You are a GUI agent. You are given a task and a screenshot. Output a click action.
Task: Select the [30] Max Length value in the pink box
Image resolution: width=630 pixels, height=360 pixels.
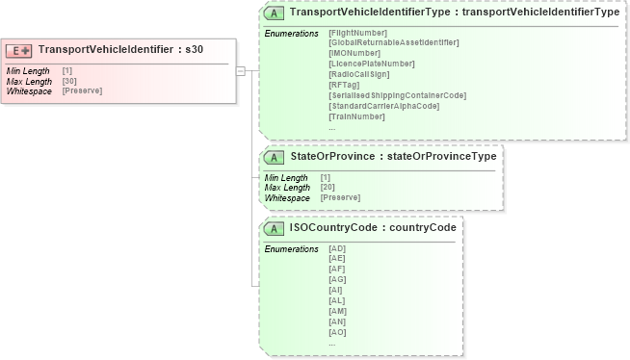click(x=69, y=81)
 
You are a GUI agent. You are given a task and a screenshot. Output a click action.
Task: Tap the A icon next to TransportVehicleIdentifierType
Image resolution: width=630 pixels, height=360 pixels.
click(x=275, y=13)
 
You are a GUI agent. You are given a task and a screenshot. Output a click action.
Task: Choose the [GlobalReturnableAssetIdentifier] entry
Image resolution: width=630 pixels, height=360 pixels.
click(x=393, y=42)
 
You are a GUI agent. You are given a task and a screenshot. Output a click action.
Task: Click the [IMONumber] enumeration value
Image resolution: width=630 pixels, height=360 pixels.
click(x=354, y=53)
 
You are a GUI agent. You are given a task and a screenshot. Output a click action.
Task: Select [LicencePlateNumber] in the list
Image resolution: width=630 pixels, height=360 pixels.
click(x=371, y=64)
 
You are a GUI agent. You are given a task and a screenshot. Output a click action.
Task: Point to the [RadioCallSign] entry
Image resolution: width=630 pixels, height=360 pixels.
click(x=360, y=74)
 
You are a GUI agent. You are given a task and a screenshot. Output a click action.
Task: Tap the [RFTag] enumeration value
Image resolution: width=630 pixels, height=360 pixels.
click(x=343, y=85)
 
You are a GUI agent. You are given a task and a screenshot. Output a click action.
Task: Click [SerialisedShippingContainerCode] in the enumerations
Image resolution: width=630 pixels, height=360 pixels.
click(x=397, y=95)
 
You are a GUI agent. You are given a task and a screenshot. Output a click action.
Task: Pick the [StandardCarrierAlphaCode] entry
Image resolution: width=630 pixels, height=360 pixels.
click(x=383, y=106)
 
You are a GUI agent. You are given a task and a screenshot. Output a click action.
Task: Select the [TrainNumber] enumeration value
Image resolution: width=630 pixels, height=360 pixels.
click(x=356, y=116)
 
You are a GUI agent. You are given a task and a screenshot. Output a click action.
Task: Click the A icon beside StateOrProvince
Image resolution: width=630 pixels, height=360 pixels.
click(x=275, y=157)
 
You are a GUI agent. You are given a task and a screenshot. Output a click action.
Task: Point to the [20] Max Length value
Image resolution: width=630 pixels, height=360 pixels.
click(x=328, y=187)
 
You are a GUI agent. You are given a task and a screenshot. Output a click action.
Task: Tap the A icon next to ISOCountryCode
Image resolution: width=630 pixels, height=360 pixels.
click(x=275, y=228)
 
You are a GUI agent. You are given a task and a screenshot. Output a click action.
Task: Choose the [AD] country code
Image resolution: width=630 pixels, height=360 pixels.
click(x=337, y=248)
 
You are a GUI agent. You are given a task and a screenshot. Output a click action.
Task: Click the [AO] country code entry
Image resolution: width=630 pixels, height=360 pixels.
click(x=337, y=332)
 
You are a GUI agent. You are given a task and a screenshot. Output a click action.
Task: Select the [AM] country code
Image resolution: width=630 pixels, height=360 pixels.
click(x=337, y=311)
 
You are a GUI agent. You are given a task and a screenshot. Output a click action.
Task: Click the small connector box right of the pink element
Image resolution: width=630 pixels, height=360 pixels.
click(x=241, y=70)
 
